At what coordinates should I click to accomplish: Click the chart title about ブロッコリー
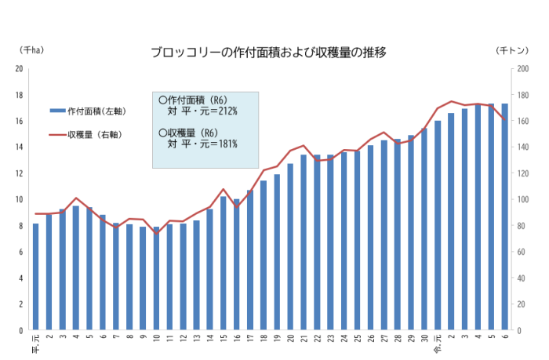[x=269, y=53]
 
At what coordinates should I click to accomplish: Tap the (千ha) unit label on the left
[x=32, y=49]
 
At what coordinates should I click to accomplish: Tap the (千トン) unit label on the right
[x=515, y=49]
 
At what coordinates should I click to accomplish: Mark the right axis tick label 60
[x=522, y=252]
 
